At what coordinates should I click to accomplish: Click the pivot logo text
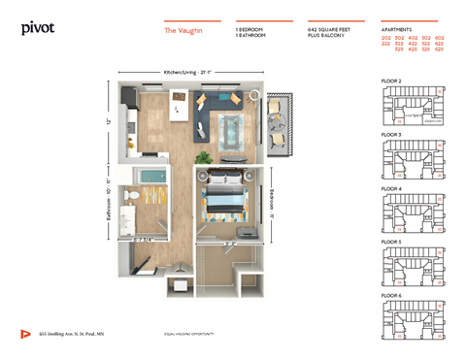tap(38, 28)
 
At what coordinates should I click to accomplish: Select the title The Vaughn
tap(184, 30)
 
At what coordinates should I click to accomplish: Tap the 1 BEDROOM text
tap(250, 29)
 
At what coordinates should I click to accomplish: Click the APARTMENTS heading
tap(397, 29)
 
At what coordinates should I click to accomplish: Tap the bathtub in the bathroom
tap(150, 180)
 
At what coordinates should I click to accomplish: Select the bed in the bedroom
tap(228, 203)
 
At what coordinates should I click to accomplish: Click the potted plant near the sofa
tap(203, 156)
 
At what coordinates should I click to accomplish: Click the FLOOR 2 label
tap(391, 81)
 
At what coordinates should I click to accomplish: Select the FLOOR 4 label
tap(391, 188)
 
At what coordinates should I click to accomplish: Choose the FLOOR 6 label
tap(391, 294)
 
